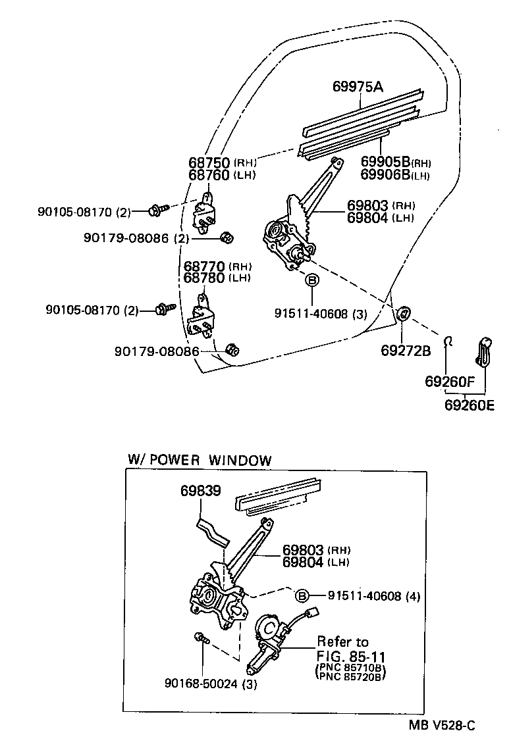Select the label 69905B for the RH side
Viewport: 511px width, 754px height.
[385, 163]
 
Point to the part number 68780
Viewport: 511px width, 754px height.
[205, 278]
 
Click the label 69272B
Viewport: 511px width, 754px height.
[405, 350]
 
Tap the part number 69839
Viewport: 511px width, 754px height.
[201, 491]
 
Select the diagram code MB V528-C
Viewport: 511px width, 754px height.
[443, 726]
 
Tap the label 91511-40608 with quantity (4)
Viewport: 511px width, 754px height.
[364, 596]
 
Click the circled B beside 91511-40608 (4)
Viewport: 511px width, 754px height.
[302, 596]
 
